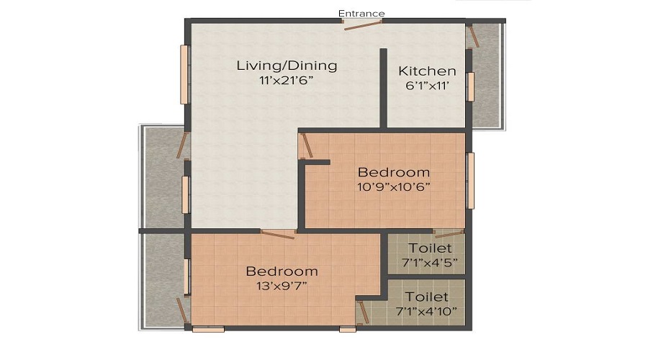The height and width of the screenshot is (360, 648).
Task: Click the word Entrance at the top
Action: click(x=361, y=13)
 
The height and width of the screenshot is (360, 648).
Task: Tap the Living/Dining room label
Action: click(x=287, y=66)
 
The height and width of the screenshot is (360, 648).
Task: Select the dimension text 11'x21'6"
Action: click(x=287, y=81)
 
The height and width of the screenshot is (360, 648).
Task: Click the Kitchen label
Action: click(x=428, y=71)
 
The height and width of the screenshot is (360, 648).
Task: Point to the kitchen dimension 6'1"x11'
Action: click(x=428, y=85)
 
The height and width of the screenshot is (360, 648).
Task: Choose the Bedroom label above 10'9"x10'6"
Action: click(x=394, y=172)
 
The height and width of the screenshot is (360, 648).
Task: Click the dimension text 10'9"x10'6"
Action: click(x=394, y=186)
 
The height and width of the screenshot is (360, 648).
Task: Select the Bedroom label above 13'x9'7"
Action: click(x=282, y=271)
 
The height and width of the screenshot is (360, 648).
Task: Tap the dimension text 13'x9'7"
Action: click(x=282, y=286)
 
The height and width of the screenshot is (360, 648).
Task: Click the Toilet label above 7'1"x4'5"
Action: click(x=430, y=248)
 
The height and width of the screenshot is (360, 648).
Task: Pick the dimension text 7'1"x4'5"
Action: click(x=430, y=262)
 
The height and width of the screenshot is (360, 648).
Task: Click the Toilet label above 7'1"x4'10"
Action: click(x=426, y=297)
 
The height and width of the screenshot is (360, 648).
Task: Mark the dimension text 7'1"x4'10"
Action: click(x=426, y=311)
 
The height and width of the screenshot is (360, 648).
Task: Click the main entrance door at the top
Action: click(x=362, y=25)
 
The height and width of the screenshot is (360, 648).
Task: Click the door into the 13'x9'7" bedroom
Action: click(x=279, y=233)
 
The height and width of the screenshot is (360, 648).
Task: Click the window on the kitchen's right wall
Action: click(x=470, y=86)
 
